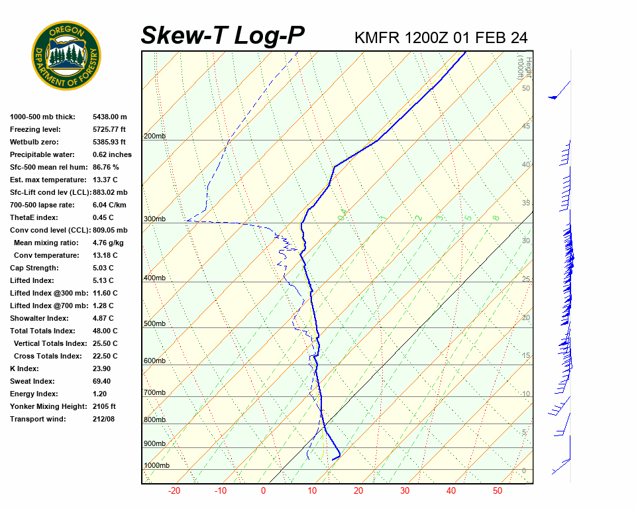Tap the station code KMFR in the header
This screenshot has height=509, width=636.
(x=378, y=37)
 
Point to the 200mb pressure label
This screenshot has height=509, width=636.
(x=154, y=137)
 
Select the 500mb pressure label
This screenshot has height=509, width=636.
(x=154, y=324)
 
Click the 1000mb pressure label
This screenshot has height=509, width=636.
(x=156, y=466)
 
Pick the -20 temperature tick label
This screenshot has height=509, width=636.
(x=174, y=491)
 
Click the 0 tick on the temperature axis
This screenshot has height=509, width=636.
(x=263, y=491)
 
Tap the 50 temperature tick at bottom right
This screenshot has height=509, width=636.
(x=498, y=491)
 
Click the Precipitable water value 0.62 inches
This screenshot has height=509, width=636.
(x=112, y=154)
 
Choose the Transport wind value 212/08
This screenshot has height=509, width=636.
(x=104, y=419)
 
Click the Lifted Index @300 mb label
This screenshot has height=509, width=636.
(x=45, y=293)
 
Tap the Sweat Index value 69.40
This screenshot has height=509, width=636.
(x=103, y=381)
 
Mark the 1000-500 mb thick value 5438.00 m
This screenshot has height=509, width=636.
(x=110, y=117)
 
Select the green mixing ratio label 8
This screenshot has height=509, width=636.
(x=496, y=217)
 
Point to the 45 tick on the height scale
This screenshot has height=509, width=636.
(x=526, y=126)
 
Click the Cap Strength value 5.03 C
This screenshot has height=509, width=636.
(x=103, y=268)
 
